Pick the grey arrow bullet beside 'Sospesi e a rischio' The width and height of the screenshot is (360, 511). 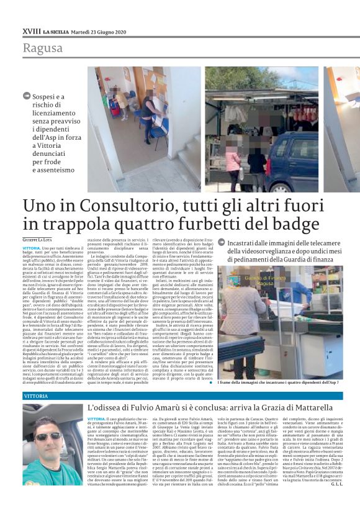coord(27,97)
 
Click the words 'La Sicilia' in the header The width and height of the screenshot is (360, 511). coord(55,30)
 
